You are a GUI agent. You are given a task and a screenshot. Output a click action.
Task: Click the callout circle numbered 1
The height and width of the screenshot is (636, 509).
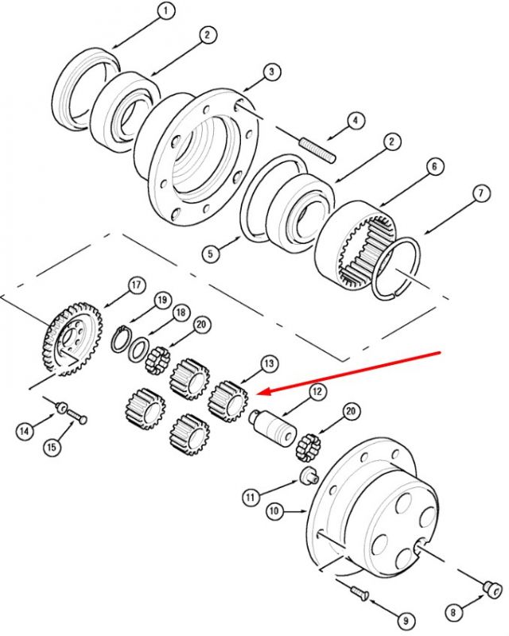tap(165, 11)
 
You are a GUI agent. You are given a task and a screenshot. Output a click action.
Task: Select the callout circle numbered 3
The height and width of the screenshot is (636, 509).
tap(271, 72)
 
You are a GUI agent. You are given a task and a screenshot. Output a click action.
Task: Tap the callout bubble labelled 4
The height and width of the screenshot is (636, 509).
tap(356, 120)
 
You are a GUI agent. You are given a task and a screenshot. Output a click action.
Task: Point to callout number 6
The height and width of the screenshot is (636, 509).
tap(435, 166)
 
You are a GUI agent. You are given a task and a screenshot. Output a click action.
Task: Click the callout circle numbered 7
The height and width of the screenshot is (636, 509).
tap(481, 193)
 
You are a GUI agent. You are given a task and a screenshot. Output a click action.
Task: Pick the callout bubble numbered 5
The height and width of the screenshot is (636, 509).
tap(210, 254)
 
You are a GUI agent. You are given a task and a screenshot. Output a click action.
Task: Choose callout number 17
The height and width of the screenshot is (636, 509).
tap(136, 285)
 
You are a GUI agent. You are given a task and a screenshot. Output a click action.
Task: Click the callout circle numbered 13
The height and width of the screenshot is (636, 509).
tap(269, 363)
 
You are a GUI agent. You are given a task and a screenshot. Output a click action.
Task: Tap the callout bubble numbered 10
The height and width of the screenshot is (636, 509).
tap(274, 511)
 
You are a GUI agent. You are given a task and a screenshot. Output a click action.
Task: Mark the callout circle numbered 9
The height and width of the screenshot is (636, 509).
tap(406, 621)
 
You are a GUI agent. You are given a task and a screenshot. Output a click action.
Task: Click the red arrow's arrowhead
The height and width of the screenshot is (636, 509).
tap(266, 392)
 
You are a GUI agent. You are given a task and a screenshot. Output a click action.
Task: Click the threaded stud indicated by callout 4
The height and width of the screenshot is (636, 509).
tap(318, 150)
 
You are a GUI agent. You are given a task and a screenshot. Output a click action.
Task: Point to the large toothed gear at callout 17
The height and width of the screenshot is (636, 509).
tap(72, 338)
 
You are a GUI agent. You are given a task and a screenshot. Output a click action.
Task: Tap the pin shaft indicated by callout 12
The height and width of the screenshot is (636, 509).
tap(272, 426)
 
